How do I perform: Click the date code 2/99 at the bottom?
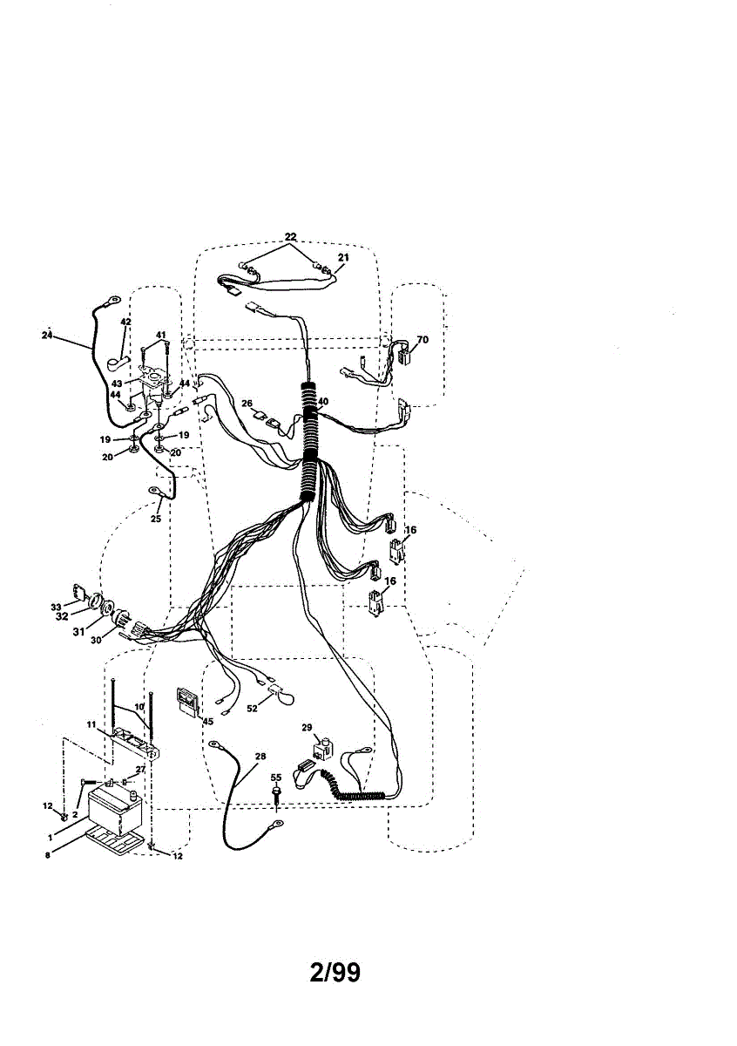(x=335, y=972)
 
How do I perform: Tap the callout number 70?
(x=423, y=339)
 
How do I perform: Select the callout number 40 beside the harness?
(x=322, y=402)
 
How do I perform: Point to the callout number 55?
(x=275, y=777)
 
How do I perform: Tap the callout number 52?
(x=253, y=709)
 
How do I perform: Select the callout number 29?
(x=307, y=727)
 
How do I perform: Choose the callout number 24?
(x=47, y=335)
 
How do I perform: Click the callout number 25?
(x=156, y=519)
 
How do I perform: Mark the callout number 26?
(x=247, y=403)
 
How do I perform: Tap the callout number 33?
(x=56, y=607)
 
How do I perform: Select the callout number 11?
(x=90, y=724)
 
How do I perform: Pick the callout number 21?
(x=343, y=257)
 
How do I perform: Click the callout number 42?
(x=125, y=323)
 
